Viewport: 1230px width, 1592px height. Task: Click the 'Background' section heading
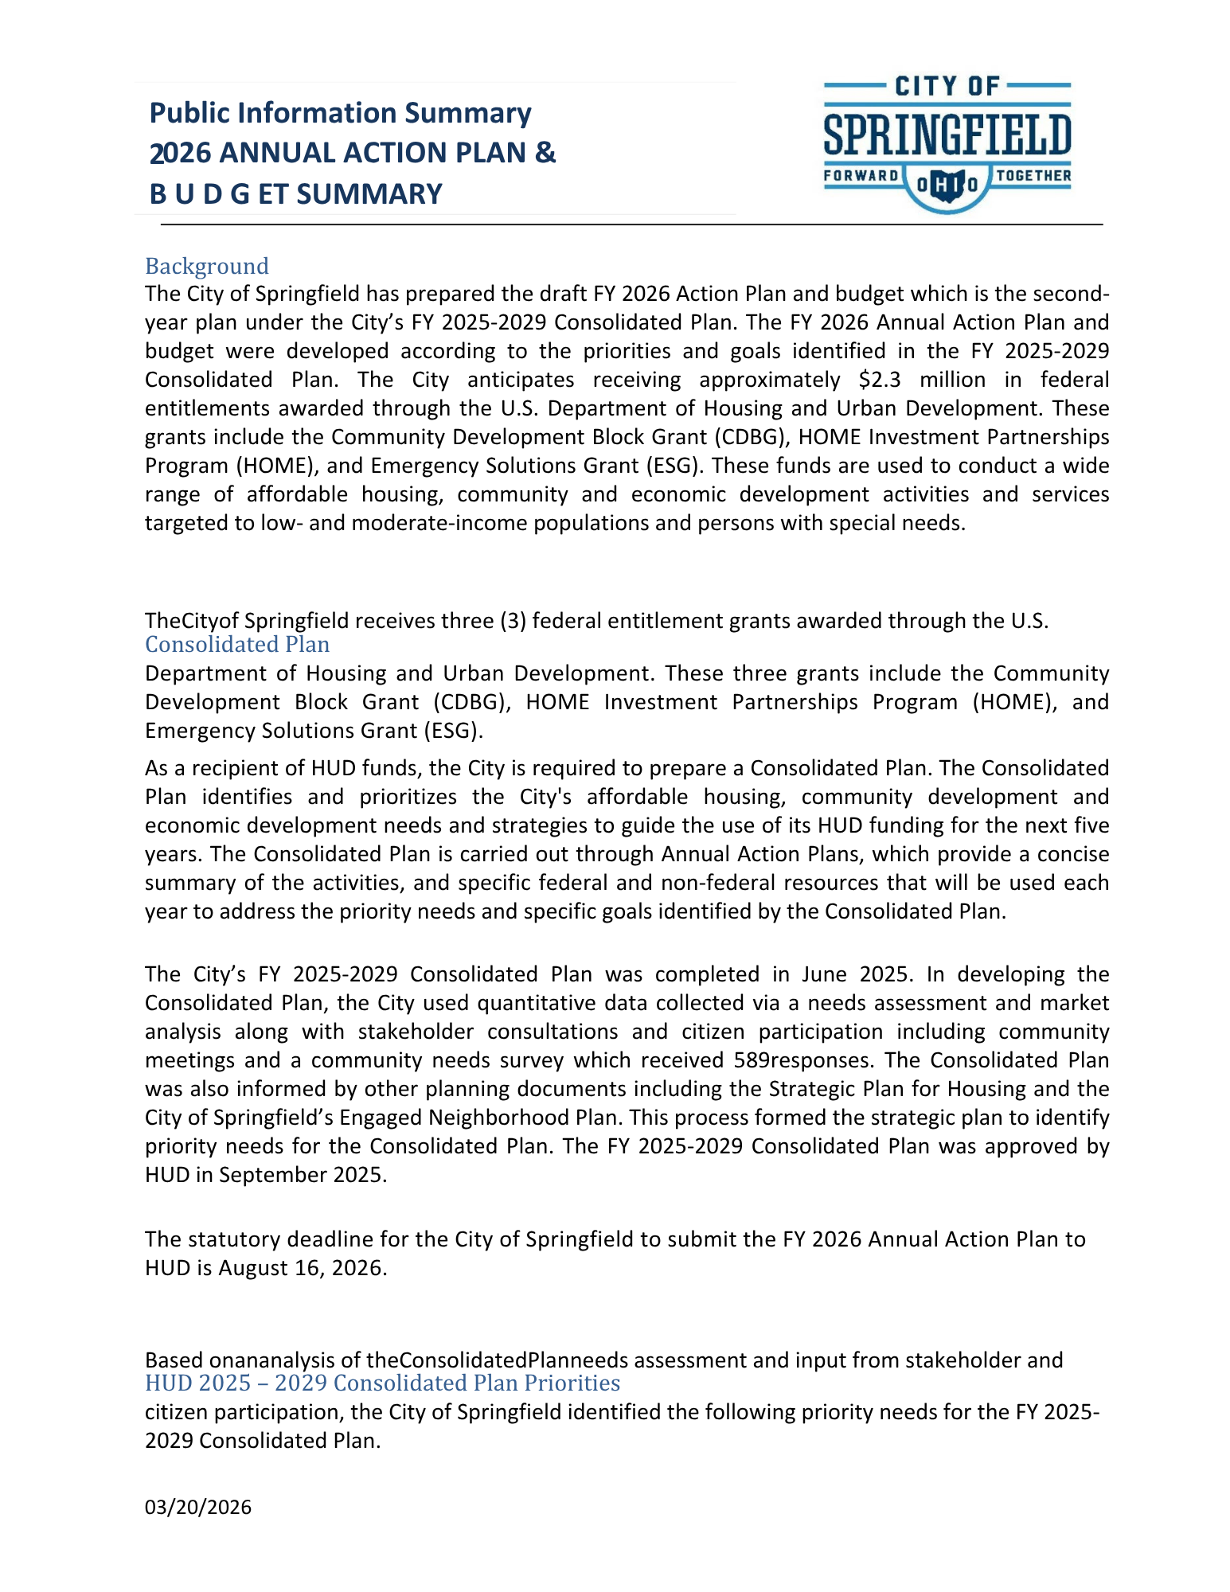[x=206, y=266]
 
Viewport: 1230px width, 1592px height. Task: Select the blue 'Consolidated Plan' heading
[x=236, y=644]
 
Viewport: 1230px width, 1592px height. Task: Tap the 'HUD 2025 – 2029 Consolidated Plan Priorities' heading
[x=382, y=1383]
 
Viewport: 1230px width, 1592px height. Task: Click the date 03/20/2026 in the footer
[x=197, y=1507]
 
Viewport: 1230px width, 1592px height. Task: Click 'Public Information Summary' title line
[x=340, y=113]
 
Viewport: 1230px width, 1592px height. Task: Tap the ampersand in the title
[x=545, y=153]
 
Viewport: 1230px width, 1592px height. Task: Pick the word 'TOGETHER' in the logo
[x=1033, y=176]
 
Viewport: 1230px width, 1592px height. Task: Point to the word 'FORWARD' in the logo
[x=861, y=176]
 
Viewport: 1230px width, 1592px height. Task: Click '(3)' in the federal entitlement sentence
[x=512, y=621]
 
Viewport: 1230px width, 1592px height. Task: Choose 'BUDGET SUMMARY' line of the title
[x=295, y=194]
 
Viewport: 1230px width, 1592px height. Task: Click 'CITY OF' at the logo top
[x=947, y=86]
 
